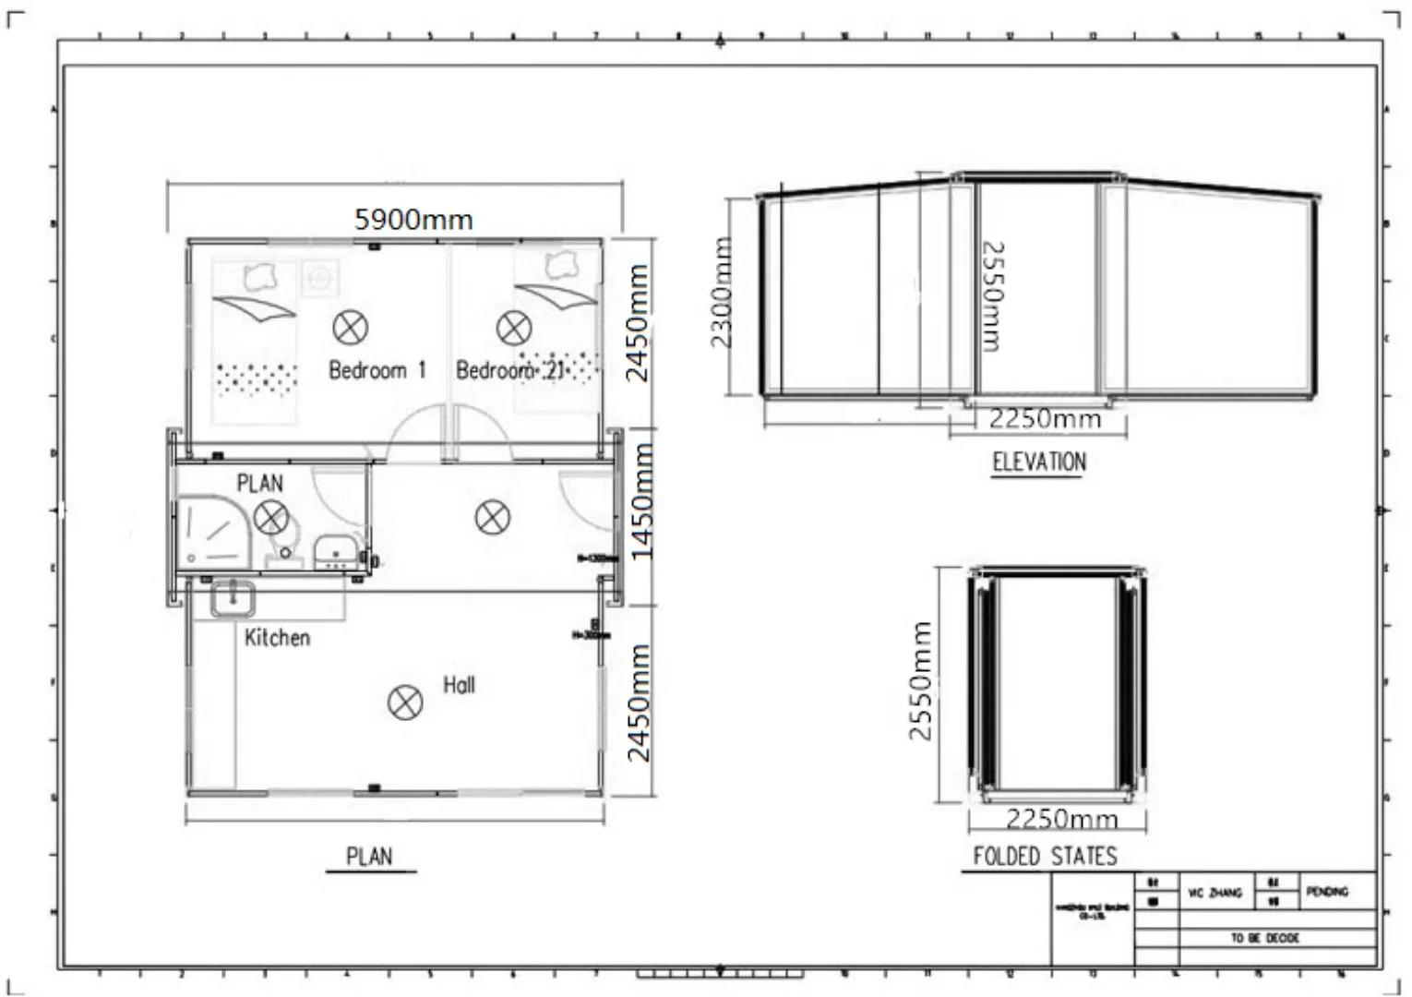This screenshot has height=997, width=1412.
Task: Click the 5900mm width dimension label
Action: (x=413, y=220)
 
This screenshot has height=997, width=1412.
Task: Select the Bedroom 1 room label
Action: (x=377, y=370)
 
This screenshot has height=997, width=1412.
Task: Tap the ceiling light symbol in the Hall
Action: (x=404, y=703)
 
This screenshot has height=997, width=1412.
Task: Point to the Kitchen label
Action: (x=277, y=637)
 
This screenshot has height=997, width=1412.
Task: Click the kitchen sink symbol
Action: (x=233, y=598)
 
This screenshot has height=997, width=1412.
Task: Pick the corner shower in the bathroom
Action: (x=213, y=532)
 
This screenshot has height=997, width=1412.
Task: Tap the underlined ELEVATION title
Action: (x=1039, y=462)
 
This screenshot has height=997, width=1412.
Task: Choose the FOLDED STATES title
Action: (x=1045, y=857)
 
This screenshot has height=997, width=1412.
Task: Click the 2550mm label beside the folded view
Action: (x=920, y=680)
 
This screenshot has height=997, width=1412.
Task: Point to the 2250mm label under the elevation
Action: (x=1045, y=420)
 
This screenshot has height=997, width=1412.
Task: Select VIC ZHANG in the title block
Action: (x=1216, y=893)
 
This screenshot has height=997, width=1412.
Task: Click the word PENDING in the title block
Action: (x=1327, y=891)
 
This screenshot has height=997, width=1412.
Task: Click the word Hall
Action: (x=459, y=685)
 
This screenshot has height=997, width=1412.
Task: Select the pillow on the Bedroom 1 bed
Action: (x=262, y=273)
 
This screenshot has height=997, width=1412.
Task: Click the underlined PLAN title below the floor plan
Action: (x=369, y=857)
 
